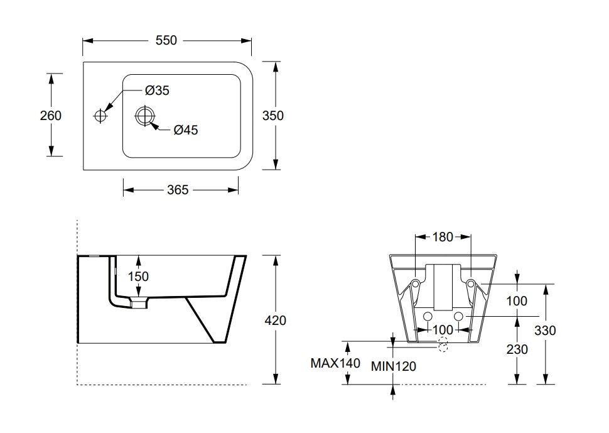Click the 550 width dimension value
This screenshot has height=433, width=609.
(x=166, y=40)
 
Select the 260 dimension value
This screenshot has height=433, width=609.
(x=51, y=116)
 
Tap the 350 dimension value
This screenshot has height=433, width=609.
(x=273, y=116)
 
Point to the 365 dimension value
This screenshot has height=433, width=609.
(x=178, y=189)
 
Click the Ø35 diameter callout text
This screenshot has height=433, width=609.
(x=157, y=90)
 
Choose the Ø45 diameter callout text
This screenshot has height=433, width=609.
(x=186, y=130)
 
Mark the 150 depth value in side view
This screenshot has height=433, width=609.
(x=138, y=276)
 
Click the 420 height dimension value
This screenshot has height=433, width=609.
(x=276, y=321)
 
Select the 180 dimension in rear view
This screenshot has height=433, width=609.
(x=443, y=237)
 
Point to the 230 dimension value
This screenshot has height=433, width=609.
(x=517, y=349)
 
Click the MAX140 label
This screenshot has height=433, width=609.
(x=335, y=363)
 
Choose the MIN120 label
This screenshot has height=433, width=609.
(x=393, y=366)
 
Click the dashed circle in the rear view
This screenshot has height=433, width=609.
(x=443, y=345)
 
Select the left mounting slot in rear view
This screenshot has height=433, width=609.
(x=416, y=287)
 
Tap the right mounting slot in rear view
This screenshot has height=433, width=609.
(x=470, y=287)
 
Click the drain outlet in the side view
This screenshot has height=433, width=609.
(x=138, y=304)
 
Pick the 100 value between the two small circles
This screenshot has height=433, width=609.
(x=443, y=329)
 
